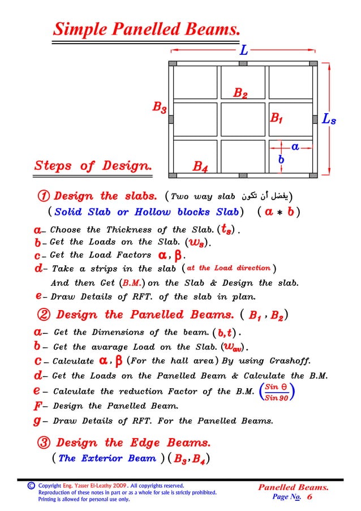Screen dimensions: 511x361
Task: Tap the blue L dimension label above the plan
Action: (x=243, y=50)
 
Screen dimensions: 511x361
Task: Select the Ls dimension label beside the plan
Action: (x=329, y=119)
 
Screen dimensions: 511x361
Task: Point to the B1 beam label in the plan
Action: (x=276, y=119)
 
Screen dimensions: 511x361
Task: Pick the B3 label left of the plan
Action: (x=159, y=107)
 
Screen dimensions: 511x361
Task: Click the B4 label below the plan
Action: (x=200, y=167)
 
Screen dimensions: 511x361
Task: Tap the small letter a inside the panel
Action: (x=295, y=147)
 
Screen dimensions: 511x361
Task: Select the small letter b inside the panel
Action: (x=281, y=161)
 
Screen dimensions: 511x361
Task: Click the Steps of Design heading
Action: (x=93, y=166)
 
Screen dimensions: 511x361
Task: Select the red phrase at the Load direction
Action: (x=229, y=268)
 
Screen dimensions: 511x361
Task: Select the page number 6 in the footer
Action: (x=310, y=496)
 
